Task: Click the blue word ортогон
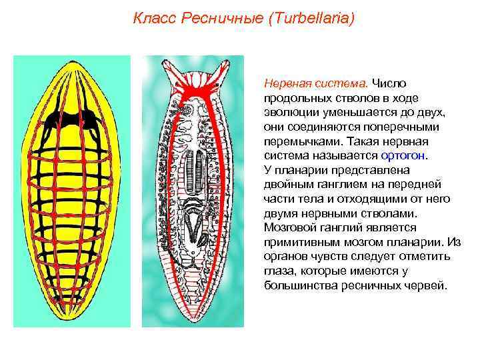(x=405, y=155)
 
